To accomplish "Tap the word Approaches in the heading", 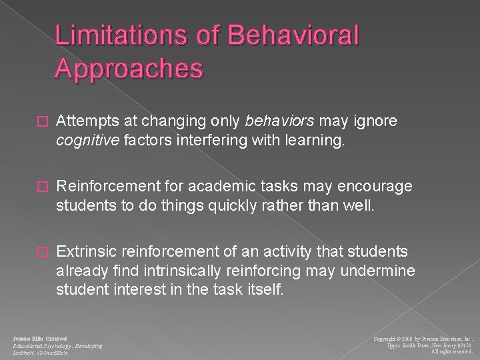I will click(129, 69).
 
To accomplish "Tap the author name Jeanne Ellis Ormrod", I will click(39, 321).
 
